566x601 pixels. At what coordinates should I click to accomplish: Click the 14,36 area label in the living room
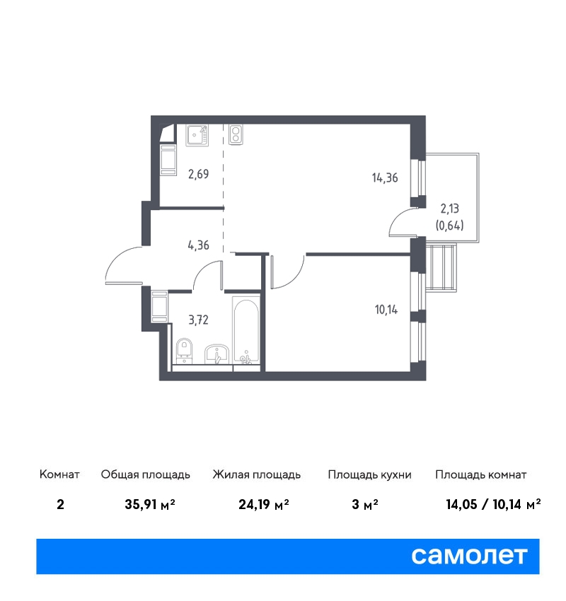click(385, 178)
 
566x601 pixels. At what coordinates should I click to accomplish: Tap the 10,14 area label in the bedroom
click(386, 309)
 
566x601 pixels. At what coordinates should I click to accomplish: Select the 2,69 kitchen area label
click(198, 175)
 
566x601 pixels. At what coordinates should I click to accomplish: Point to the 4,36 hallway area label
click(198, 245)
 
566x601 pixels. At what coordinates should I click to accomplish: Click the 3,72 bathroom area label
click(198, 320)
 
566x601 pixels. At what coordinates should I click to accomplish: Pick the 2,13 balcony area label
click(449, 209)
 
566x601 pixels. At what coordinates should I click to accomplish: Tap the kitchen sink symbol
click(197, 135)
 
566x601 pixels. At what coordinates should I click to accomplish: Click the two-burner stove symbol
click(236, 134)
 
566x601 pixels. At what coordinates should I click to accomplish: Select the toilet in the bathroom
click(185, 350)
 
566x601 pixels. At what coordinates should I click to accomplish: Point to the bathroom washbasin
click(216, 354)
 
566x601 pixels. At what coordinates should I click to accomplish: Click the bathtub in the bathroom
click(246, 330)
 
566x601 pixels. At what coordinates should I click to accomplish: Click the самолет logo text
click(469, 556)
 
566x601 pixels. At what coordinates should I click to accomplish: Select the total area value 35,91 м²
click(150, 504)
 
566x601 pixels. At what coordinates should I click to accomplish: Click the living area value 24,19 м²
click(264, 504)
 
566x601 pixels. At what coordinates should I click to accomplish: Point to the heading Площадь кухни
click(369, 475)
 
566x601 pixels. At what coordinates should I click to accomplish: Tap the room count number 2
click(60, 504)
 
